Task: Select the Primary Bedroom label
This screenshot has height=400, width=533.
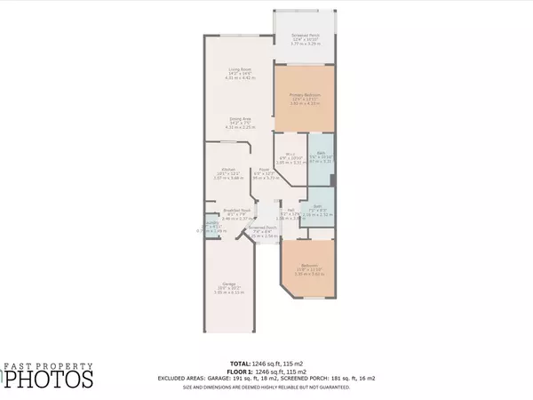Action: click(305, 95)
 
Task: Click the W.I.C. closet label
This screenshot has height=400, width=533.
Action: click(285, 157)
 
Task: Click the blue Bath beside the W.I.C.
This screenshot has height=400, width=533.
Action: click(322, 156)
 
